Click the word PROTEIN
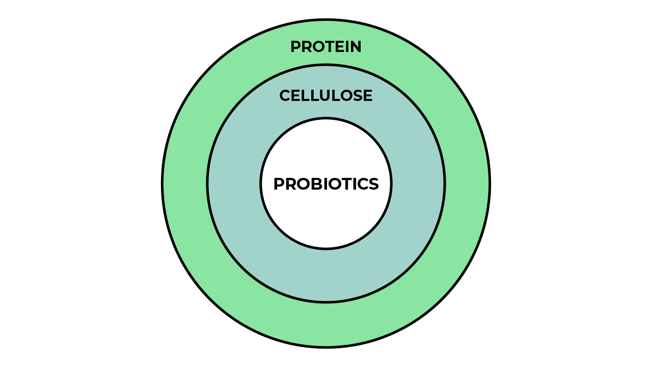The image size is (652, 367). [326, 46]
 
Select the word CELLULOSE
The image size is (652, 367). [326, 95]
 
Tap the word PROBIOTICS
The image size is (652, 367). [326, 184]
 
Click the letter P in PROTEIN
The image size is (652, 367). [296, 46]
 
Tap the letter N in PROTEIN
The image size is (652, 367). [356, 46]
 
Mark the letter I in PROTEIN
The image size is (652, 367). [347, 46]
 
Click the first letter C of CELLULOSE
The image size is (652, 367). [285, 95]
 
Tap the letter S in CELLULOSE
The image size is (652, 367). [358, 95]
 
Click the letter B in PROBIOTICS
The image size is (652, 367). [313, 184]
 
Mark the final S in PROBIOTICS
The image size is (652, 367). [374, 184]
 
